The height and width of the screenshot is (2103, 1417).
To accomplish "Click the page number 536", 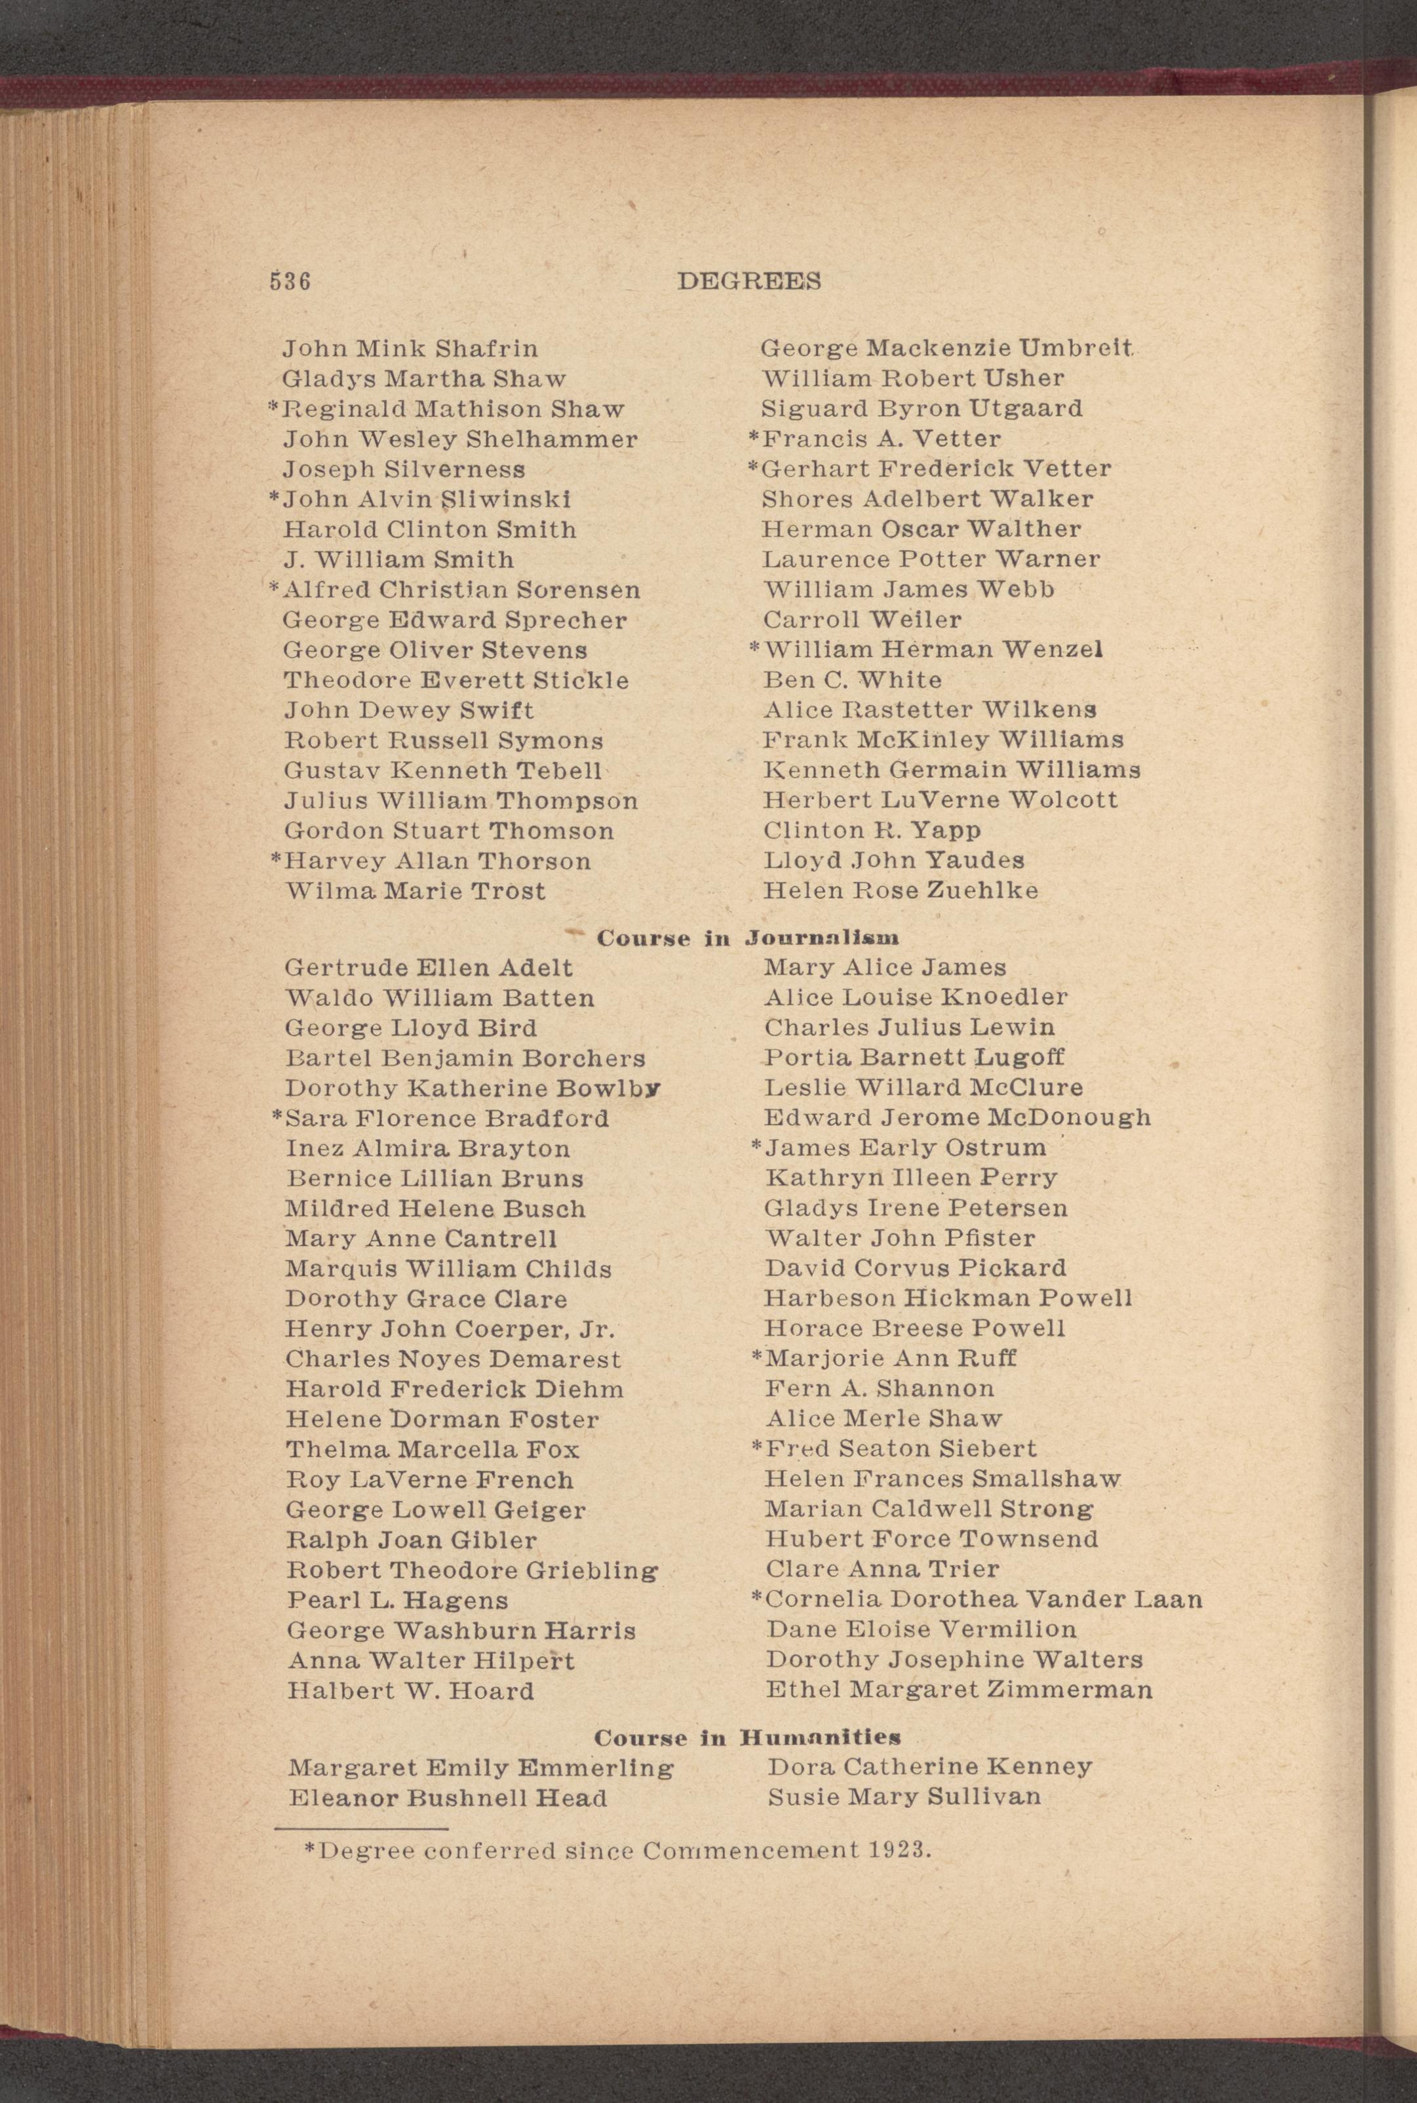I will click(x=290, y=281).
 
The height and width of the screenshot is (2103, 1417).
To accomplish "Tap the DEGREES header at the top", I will click(x=749, y=281).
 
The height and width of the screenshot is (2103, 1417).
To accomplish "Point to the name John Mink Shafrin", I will click(x=410, y=348).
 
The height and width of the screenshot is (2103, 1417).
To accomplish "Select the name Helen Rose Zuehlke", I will click(x=901, y=891).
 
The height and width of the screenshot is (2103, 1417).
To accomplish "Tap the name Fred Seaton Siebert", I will click(x=901, y=1449).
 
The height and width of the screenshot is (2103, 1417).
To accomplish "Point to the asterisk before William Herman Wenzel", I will click(x=754, y=649).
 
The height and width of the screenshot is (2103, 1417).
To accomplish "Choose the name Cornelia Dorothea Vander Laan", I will click(x=983, y=1599).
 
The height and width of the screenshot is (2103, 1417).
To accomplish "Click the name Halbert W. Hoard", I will click(x=410, y=1691).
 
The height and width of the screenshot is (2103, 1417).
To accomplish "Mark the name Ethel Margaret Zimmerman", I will click(x=959, y=1689).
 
